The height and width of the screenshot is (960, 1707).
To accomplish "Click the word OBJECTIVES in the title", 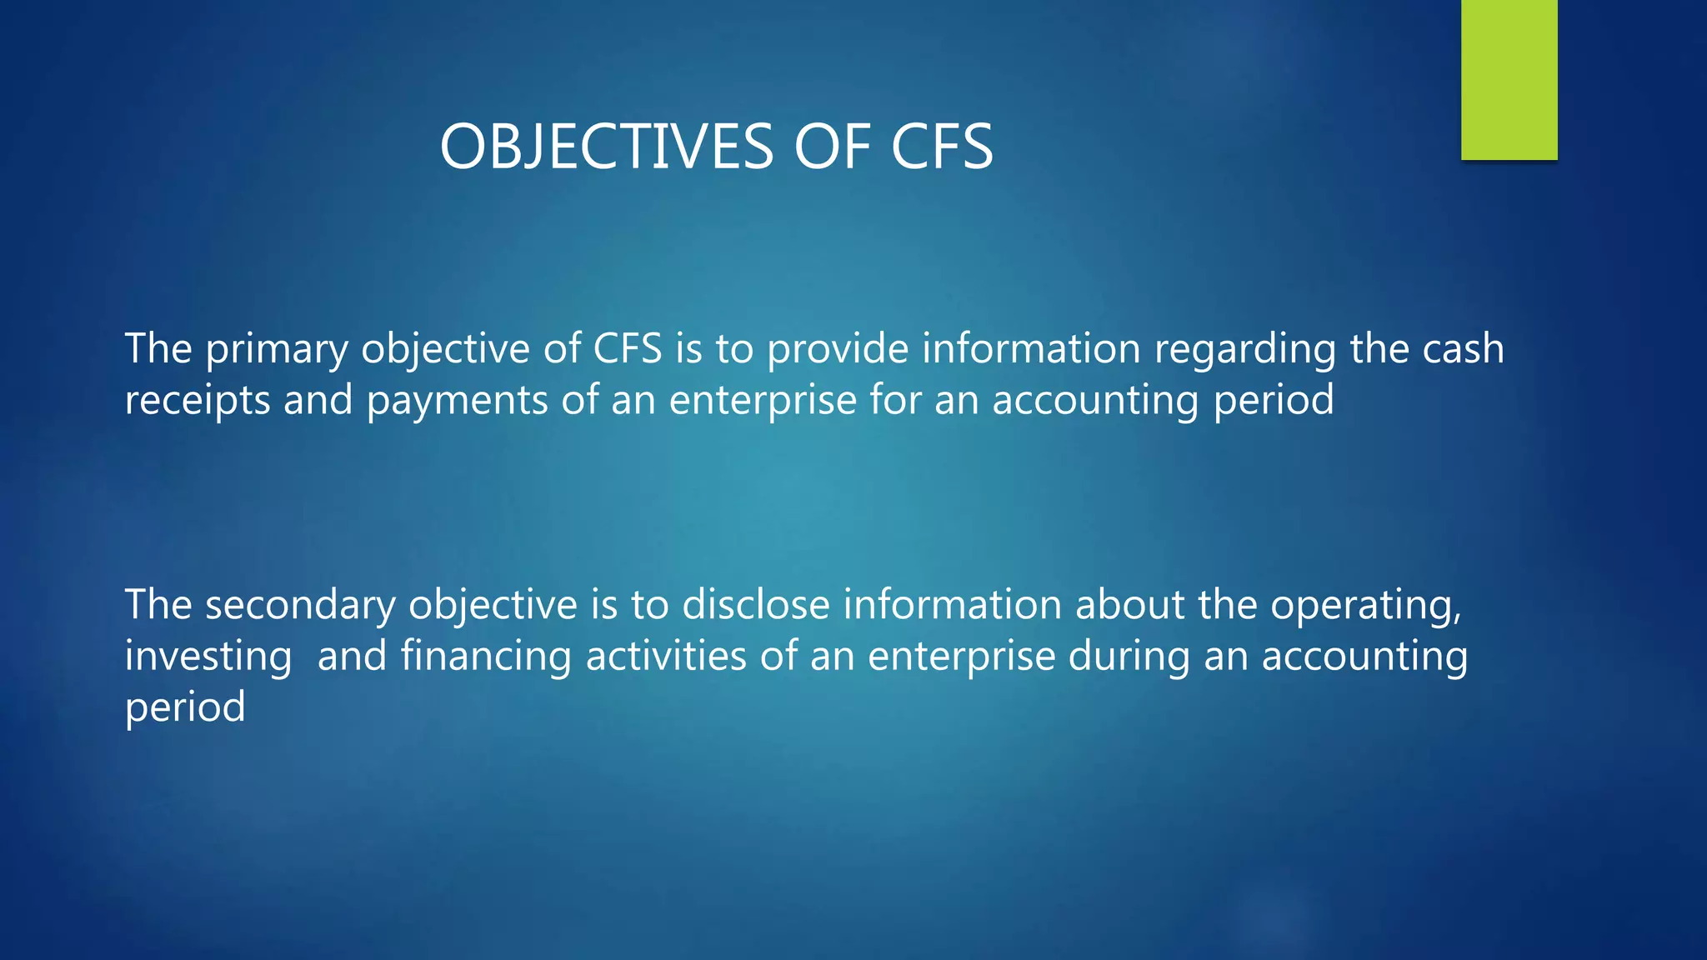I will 607,147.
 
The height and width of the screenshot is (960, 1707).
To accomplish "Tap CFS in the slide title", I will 942,147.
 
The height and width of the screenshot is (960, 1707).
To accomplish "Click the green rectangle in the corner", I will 1509,79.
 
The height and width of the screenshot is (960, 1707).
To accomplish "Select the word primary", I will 277,350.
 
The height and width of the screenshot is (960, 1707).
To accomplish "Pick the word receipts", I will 198,401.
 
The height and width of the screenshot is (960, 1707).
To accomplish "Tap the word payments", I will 457,401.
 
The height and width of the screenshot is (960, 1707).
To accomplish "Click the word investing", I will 208,657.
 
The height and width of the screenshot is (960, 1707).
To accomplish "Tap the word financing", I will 486,657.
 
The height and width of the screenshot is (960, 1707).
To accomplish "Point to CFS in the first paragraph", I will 628,348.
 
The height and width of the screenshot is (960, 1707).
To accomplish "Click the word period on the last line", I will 185,707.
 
